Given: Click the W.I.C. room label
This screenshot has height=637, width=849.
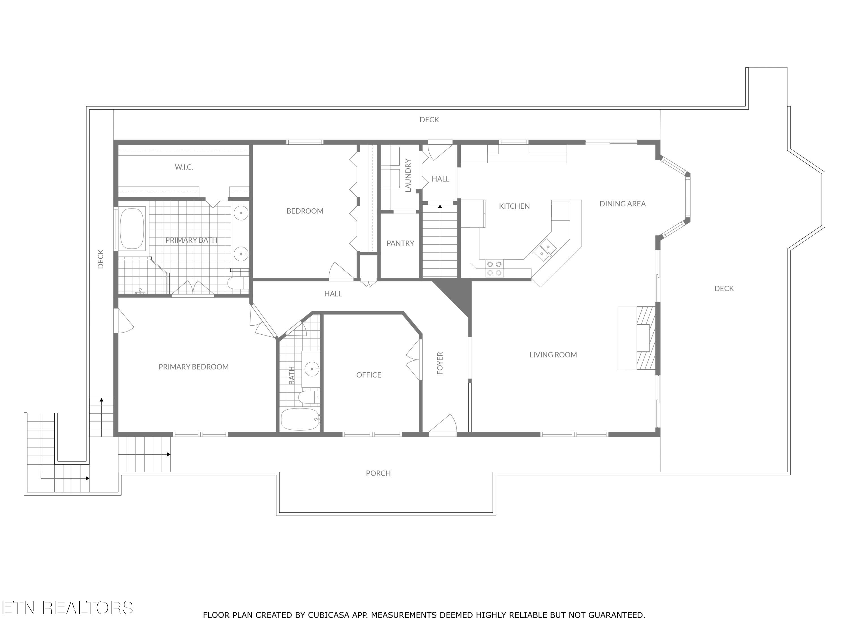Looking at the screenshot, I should [x=184, y=167].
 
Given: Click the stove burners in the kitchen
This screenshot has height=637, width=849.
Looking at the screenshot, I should [x=494, y=268].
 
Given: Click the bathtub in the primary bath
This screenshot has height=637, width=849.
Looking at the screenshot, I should [x=132, y=229].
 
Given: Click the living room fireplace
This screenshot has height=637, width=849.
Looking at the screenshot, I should [x=645, y=338].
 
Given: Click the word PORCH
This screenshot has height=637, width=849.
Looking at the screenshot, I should [x=378, y=473].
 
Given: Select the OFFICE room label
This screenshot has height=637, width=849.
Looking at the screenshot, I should [x=368, y=375].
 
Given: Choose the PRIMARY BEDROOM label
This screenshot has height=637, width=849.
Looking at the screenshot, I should [x=194, y=367].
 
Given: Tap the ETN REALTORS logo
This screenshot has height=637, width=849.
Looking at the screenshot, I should [x=67, y=608].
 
